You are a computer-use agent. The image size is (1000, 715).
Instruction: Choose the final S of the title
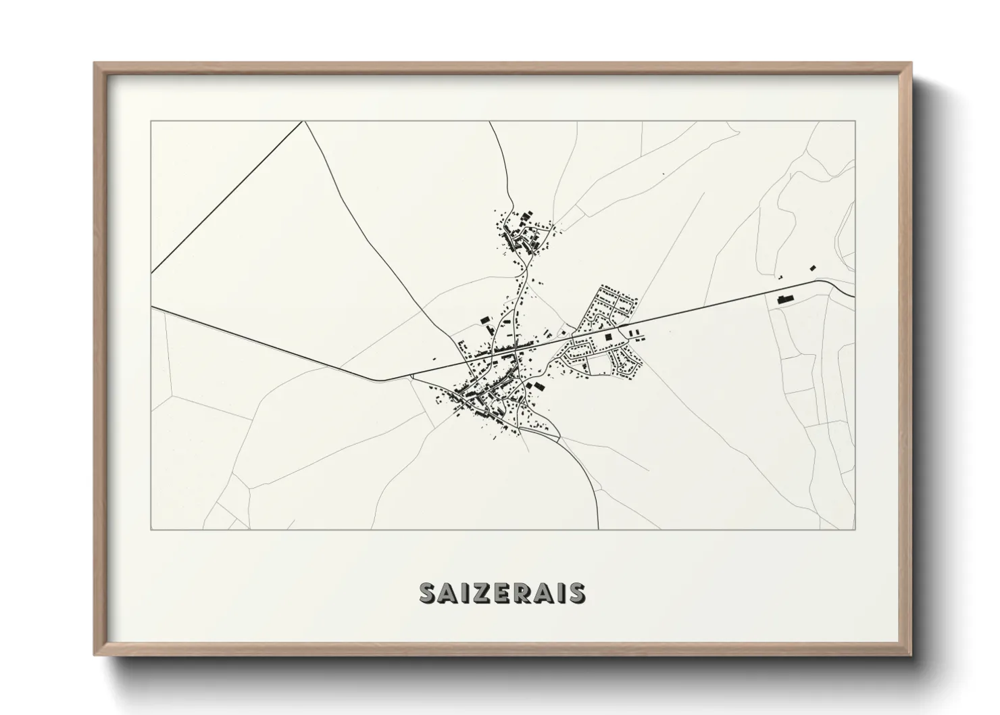(x=576, y=593)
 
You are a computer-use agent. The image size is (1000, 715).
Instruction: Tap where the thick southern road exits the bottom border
(x=598, y=528)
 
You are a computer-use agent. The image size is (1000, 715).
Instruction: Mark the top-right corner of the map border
(x=855, y=122)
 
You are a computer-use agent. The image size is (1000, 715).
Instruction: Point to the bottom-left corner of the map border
(x=151, y=529)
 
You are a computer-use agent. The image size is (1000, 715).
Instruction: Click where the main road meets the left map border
(x=152, y=307)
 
